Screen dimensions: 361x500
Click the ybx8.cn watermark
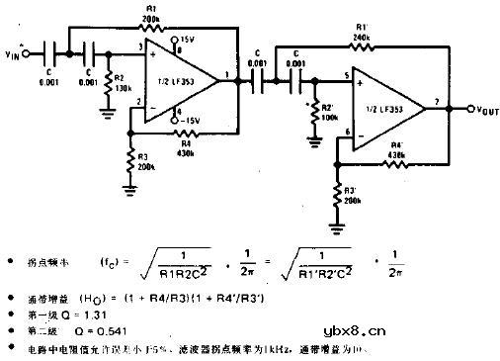[x=354, y=332]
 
